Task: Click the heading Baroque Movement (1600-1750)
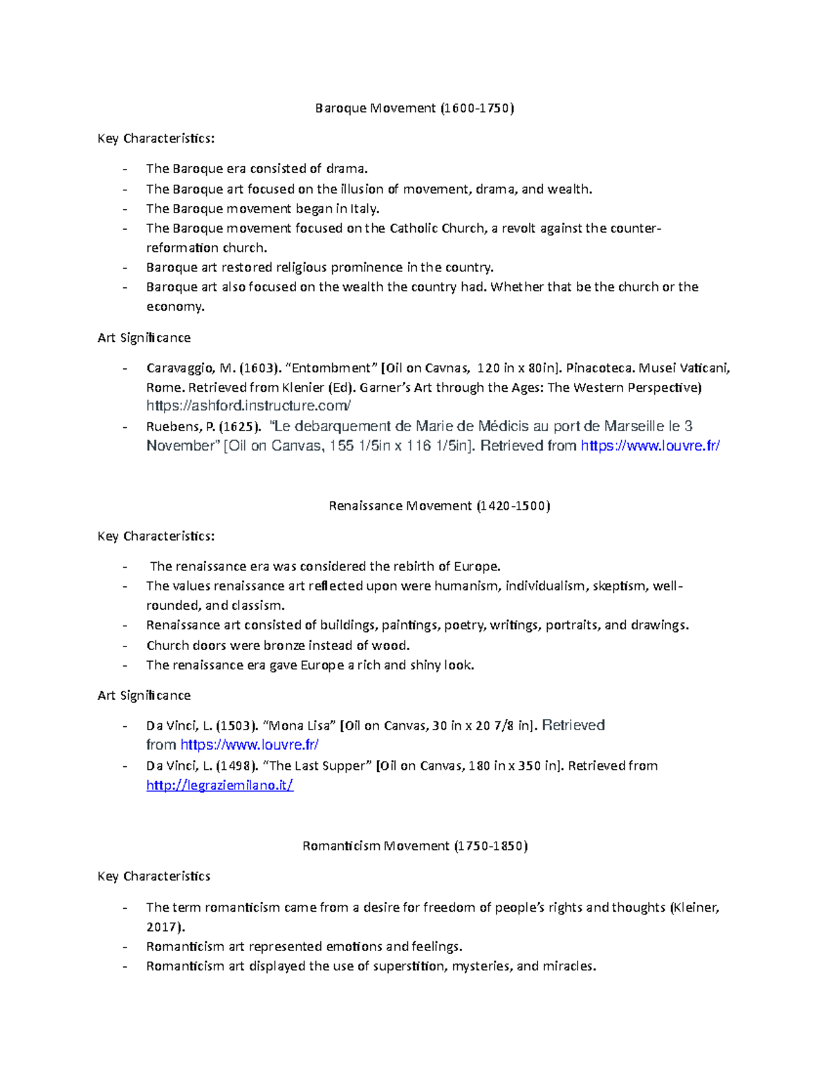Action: tap(414, 108)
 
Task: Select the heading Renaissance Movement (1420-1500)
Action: tap(439, 506)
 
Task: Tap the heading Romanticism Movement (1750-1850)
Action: tap(415, 846)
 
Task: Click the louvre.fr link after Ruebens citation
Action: tap(650, 446)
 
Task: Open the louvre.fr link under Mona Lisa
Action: tap(249, 745)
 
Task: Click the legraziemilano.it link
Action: tap(220, 785)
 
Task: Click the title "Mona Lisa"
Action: tap(301, 725)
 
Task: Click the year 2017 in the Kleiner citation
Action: tap(163, 927)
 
